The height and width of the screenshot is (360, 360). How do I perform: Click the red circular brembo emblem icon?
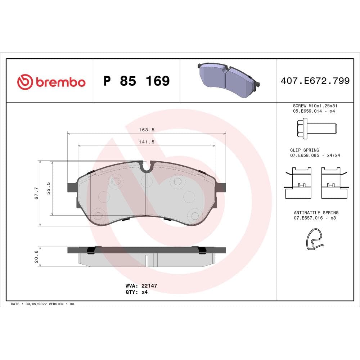25,82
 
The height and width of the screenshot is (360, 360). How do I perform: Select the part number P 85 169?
136,81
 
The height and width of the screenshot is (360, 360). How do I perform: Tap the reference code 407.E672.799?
315,81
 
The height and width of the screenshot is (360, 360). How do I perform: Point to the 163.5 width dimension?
147,130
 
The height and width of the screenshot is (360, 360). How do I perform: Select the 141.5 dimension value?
147,142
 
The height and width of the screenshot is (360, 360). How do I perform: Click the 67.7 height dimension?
36,194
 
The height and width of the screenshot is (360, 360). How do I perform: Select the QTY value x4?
144,292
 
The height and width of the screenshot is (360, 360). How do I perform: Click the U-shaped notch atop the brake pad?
147,167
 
